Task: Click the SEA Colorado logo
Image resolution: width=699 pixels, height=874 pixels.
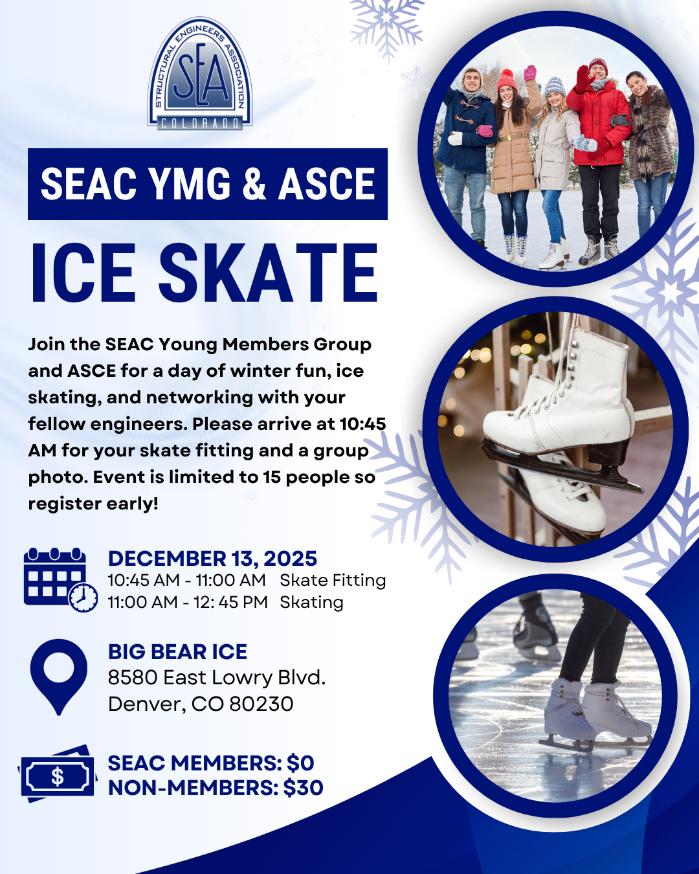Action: tap(199, 73)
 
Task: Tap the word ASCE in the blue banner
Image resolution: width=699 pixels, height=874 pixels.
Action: tap(327, 184)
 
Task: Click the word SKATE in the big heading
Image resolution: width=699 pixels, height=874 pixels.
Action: tap(268, 273)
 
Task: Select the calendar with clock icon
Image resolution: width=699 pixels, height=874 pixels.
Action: tap(61, 579)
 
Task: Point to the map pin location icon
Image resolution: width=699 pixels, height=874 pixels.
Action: tap(59, 677)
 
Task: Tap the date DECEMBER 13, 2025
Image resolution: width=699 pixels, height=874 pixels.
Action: tap(212, 559)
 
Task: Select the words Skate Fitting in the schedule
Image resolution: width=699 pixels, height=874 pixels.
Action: tap(333, 580)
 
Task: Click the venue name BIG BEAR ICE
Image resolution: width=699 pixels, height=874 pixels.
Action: tap(177, 652)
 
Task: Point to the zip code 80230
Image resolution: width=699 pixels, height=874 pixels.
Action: tap(261, 704)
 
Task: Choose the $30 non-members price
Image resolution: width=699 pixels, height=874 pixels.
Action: tap(303, 787)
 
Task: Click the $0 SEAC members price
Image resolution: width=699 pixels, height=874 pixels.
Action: tap(300, 763)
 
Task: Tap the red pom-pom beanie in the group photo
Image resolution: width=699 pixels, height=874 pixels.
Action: tap(507, 80)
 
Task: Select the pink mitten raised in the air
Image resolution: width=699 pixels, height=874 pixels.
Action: tap(529, 73)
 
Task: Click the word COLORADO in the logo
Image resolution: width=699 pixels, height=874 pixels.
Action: tap(200, 123)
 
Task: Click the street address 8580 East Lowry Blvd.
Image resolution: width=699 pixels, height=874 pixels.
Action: tap(216, 678)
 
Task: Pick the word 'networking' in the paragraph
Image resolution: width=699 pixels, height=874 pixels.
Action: tap(200, 398)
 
